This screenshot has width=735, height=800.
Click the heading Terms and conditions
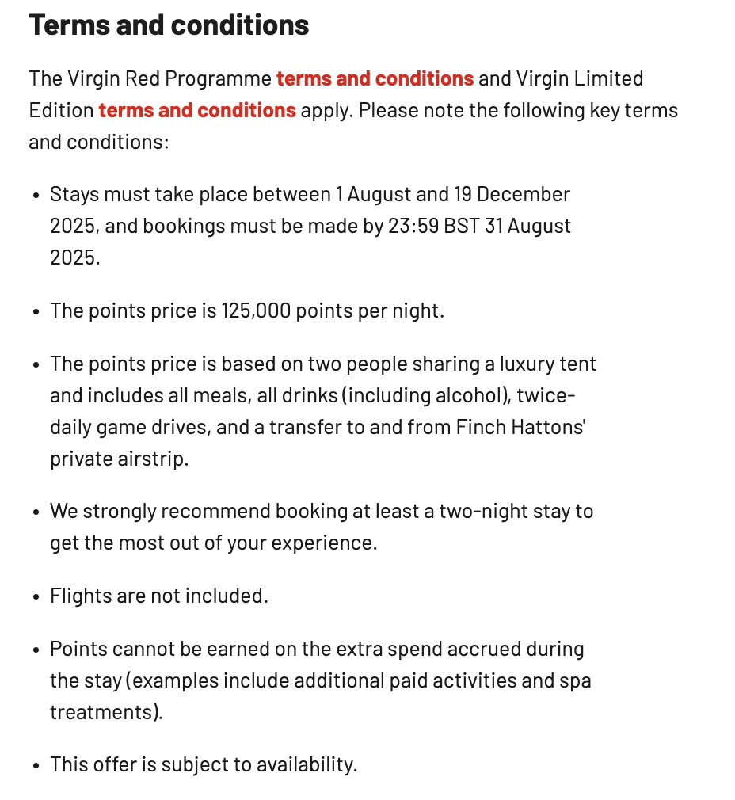pos(169,25)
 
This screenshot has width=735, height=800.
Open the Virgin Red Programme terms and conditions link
pos(375,79)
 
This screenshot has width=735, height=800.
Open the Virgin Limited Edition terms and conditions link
pos(197,110)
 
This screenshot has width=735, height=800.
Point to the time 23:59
pos(413,226)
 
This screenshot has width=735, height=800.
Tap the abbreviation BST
pos(461,226)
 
